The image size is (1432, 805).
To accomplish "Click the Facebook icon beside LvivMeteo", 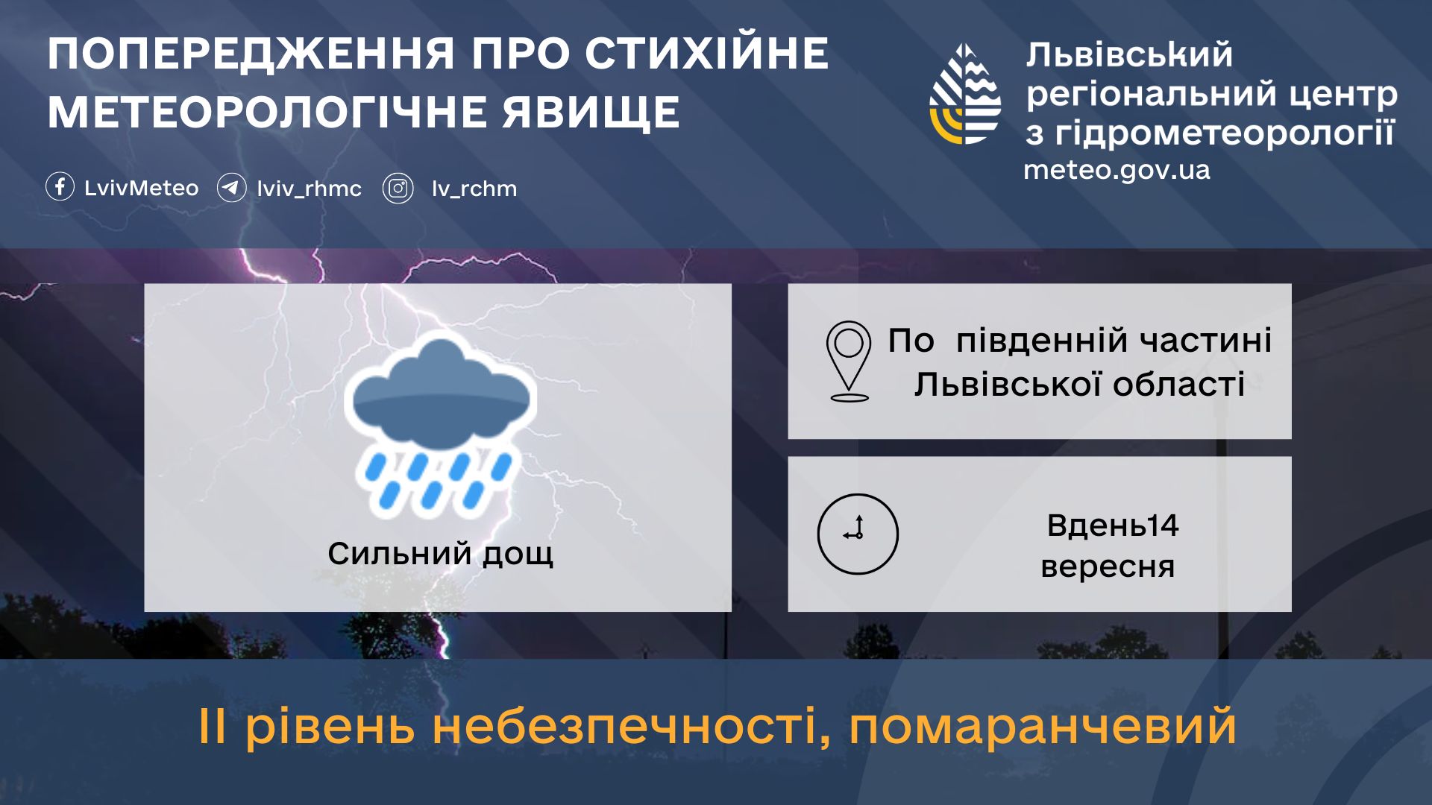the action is click(x=60, y=187).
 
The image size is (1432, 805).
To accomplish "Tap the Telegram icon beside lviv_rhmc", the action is click(x=231, y=188).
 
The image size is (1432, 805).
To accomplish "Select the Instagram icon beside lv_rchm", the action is click(x=398, y=189).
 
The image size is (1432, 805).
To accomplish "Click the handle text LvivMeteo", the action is click(x=141, y=188).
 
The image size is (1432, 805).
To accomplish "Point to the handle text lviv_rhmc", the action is click(x=309, y=189).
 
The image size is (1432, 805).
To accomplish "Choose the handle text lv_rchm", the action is click(x=474, y=189).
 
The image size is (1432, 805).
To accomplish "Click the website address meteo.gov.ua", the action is click(x=1117, y=171).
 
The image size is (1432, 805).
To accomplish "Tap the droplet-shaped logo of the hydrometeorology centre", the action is click(x=965, y=94).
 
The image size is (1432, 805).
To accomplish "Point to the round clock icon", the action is click(x=858, y=534).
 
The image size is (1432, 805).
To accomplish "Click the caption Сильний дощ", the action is click(x=440, y=554).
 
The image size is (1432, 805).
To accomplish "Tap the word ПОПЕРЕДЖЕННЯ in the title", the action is click(x=251, y=54).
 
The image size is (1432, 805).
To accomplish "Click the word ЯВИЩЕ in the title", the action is click(x=591, y=113).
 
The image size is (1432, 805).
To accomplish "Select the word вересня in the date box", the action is click(x=1108, y=566).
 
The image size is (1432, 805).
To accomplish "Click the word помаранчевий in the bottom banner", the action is click(x=1043, y=726).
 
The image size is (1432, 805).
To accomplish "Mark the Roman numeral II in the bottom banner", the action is click(x=212, y=726).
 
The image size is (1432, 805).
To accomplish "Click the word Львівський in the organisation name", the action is click(x=1129, y=54).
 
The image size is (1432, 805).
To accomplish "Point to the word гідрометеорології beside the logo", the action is click(x=1225, y=133).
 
